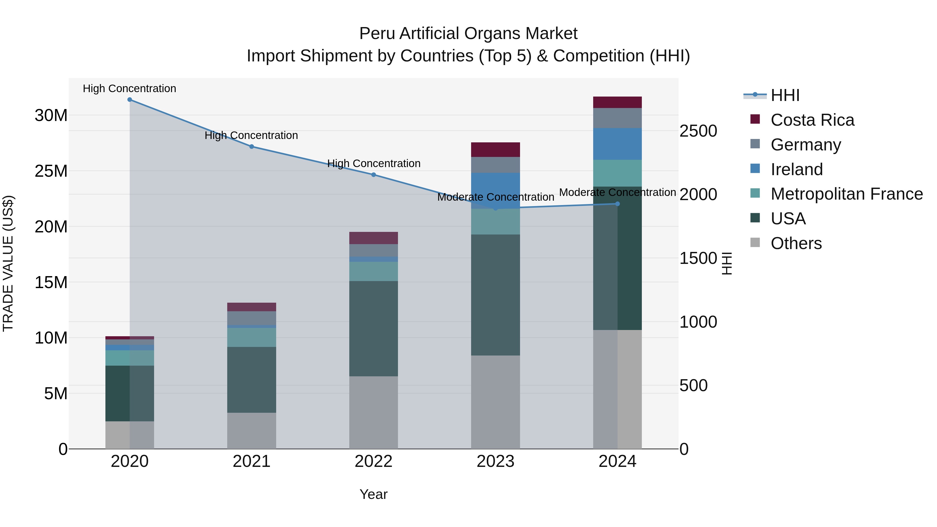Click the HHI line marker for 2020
click(x=130, y=100)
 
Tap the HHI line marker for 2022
click(x=373, y=175)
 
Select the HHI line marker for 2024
click(x=617, y=204)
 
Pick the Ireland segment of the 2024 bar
click(x=617, y=144)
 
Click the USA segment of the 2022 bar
click(x=373, y=328)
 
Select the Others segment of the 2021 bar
click(x=252, y=431)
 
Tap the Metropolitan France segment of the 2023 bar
click(x=495, y=222)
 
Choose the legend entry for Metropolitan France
click(x=846, y=194)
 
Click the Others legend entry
click(x=796, y=243)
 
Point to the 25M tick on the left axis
click(x=51, y=171)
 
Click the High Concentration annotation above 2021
click(x=251, y=135)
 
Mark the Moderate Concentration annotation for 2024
click(x=617, y=192)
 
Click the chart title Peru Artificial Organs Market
click(x=468, y=34)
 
